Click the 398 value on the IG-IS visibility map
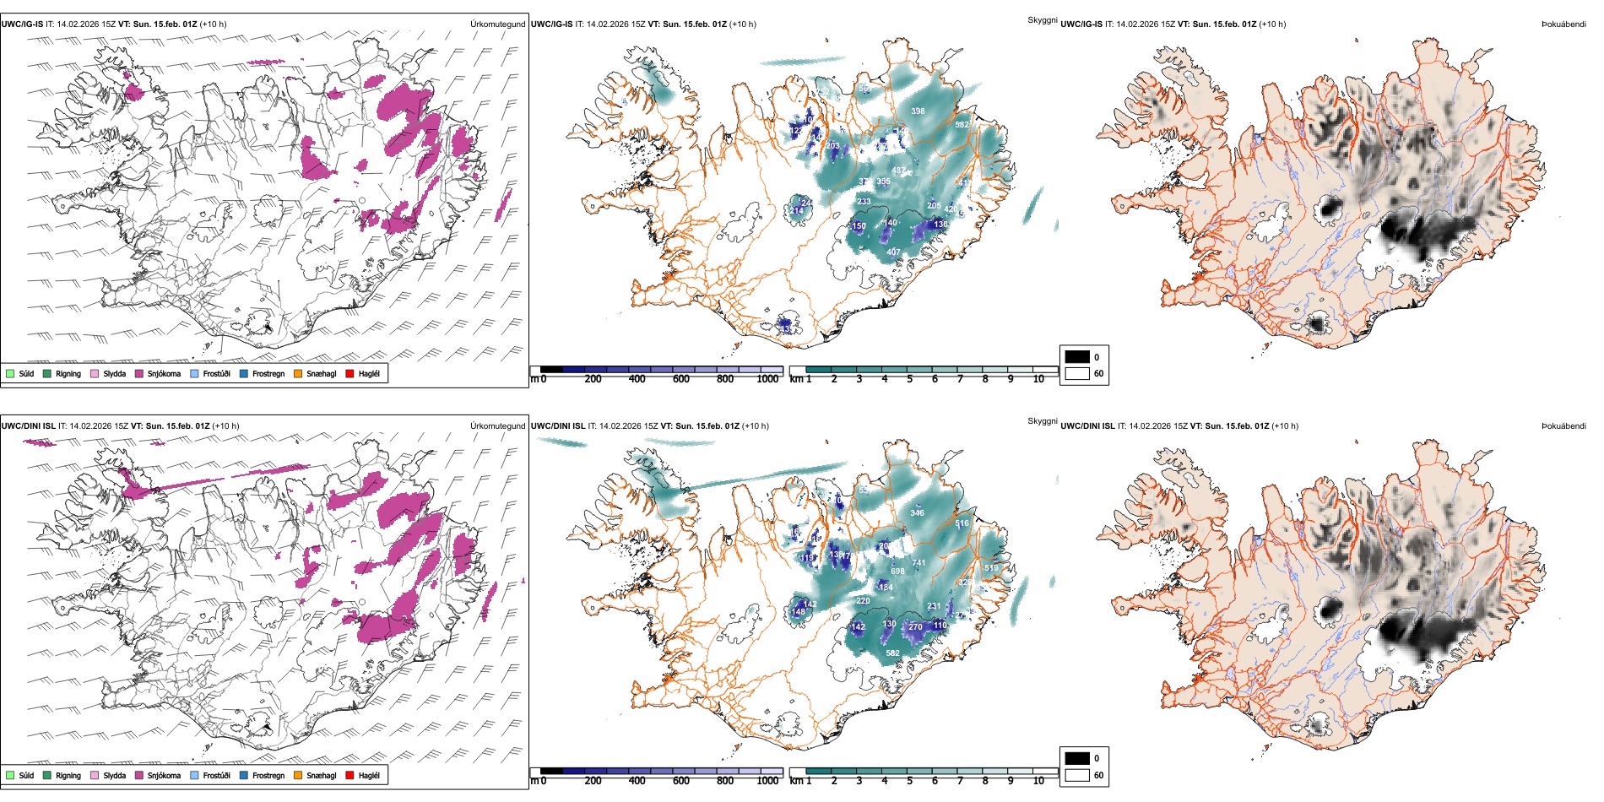coord(918,111)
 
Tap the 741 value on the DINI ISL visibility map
coord(919,563)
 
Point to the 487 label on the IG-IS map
coord(899,171)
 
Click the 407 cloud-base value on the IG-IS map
coord(893,252)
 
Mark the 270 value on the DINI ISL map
coord(915,627)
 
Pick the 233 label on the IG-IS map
coord(864,202)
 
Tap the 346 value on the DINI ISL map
coord(917,513)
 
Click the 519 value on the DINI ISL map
coord(991,569)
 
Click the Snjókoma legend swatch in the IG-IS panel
coord(139,373)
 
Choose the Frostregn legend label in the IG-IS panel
coord(268,374)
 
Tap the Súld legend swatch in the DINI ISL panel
coord(10,775)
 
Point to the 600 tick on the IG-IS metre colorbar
coord(681,379)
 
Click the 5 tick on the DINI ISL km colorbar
coord(909,781)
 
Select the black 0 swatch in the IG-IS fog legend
coord(1076,356)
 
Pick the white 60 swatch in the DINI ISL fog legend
coord(1076,775)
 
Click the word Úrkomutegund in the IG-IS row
coord(497,24)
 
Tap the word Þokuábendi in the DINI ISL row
coord(1563,426)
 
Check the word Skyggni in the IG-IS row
coord(1042,20)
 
